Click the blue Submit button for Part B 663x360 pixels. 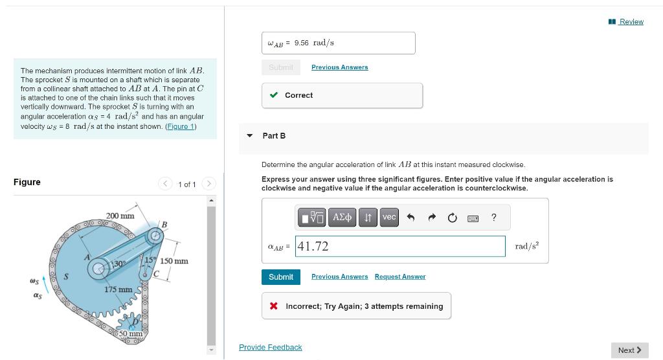pos(281,277)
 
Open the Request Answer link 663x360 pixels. pos(399,277)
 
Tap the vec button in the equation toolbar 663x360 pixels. pos(388,218)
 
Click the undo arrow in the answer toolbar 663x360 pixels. pos(410,218)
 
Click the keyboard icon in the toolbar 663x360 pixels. pos(473,218)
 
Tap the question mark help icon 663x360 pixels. pos(494,218)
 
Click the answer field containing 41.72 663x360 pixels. pos(400,246)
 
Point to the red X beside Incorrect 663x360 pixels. pos(275,306)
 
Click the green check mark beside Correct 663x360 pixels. pos(275,95)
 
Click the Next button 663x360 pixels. pos(629,350)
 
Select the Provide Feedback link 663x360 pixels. pos(270,348)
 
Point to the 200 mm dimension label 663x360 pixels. pos(120,216)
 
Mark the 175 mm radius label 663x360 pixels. pos(118,289)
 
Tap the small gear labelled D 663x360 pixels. pos(135,322)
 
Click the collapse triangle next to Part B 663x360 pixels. pos(250,136)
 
